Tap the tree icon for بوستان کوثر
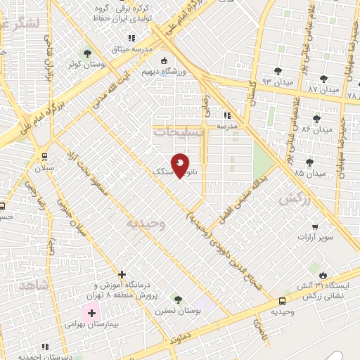[87, 53]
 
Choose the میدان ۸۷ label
[323, 91]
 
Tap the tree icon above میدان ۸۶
[316, 118]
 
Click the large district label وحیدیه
[146, 224]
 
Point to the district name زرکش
[295, 199]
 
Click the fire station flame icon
[323, 274]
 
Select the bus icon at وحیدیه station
[283, 300]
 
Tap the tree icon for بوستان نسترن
[176, 299]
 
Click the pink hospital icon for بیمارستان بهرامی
[91, 311]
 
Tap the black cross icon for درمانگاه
[122, 274]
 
